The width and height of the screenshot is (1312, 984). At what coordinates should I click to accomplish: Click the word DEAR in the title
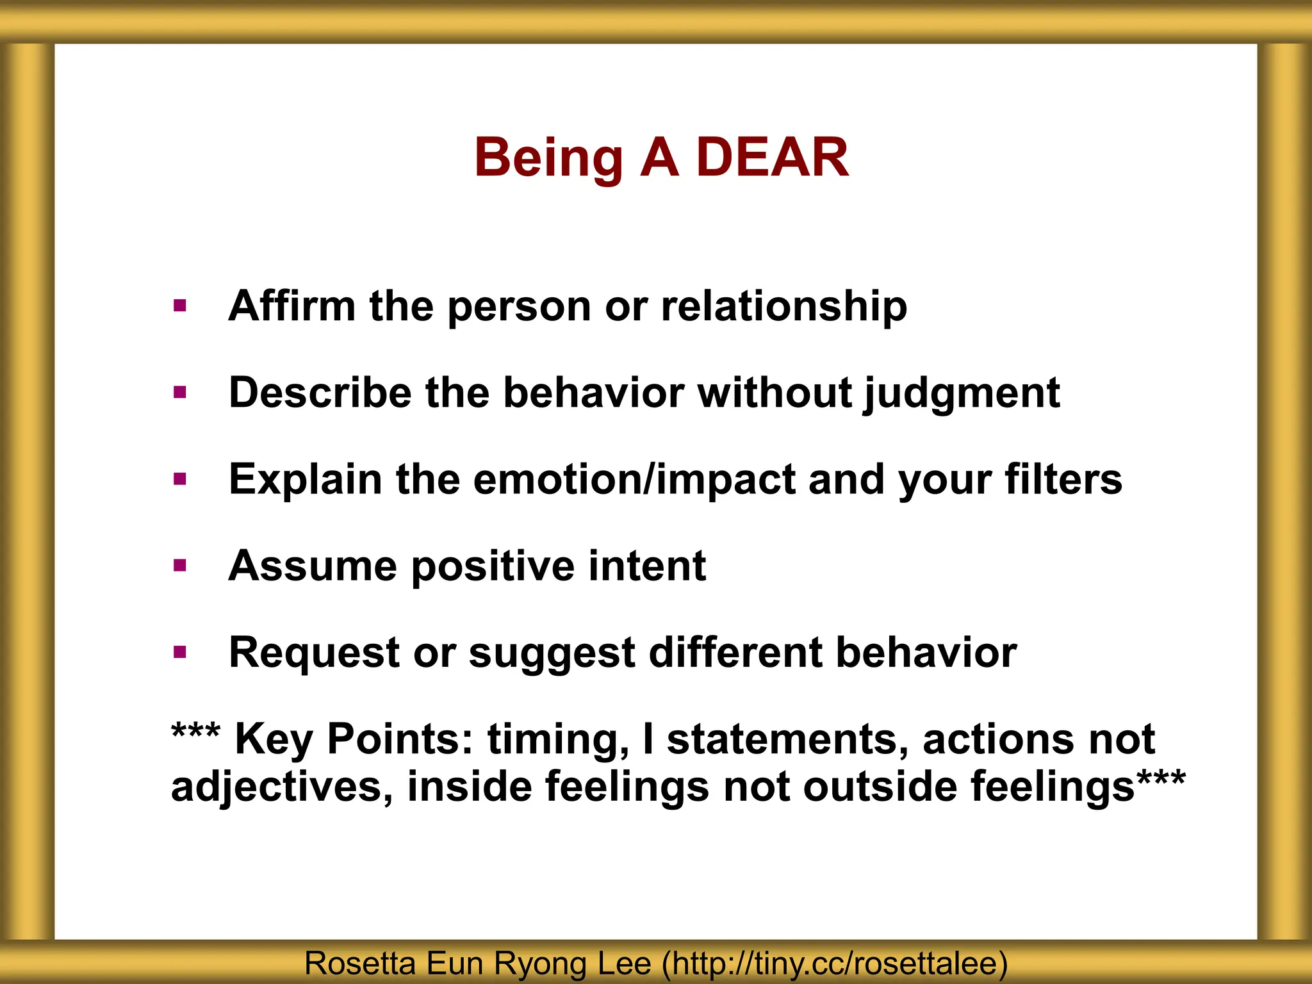(x=772, y=158)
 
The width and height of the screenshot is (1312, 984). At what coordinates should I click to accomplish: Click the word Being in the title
(x=548, y=159)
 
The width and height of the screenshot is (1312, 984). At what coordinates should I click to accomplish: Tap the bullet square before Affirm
(x=180, y=306)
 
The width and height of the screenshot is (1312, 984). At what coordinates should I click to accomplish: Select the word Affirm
(x=291, y=306)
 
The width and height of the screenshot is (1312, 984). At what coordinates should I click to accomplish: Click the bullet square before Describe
(x=180, y=392)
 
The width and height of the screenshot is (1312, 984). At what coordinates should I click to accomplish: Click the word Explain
(x=305, y=480)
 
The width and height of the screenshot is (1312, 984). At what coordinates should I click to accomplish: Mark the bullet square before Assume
(x=180, y=566)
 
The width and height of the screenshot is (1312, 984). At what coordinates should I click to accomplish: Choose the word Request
(x=313, y=652)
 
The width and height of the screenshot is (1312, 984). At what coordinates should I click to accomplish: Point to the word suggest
(x=552, y=653)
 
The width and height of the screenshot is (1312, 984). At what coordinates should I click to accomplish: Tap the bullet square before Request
(x=180, y=652)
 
